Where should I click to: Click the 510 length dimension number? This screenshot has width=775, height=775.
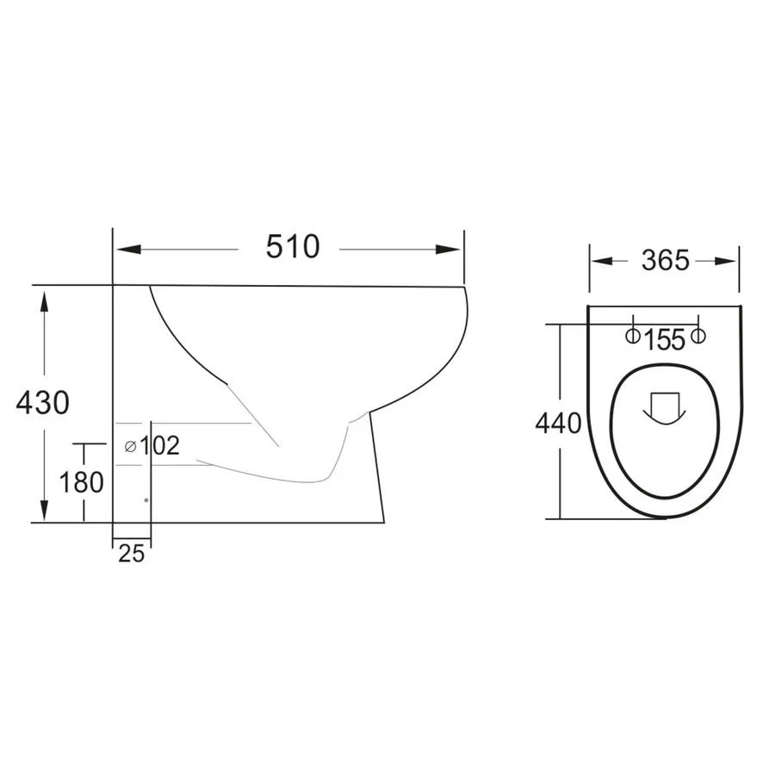(x=293, y=246)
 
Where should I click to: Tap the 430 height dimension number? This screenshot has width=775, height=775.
(x=42, y=402)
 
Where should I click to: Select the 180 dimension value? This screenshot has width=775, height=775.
(x=82, y=482)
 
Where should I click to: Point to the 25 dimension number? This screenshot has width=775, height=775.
(x=132, y=554)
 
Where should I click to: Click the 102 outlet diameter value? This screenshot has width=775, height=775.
(x=159, y=446)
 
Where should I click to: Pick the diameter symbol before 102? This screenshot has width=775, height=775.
(x=131, y=447)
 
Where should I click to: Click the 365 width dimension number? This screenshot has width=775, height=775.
(x=666, y=260)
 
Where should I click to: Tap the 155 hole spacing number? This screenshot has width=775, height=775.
(x=666, y=339)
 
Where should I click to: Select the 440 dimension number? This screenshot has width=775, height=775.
(x=559, y=424)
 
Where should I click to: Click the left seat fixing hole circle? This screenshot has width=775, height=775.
(x=633, y=336)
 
